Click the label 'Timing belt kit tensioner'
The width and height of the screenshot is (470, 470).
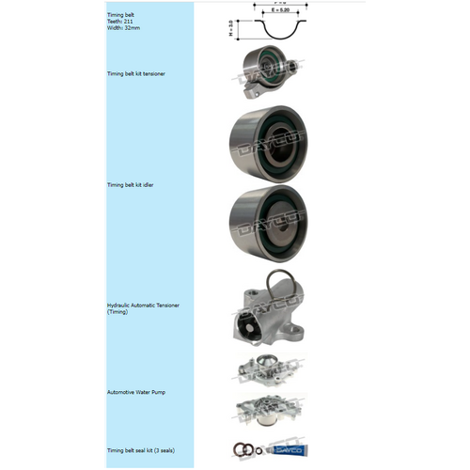click(x=137, y=73)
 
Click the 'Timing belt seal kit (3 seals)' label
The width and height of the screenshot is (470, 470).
click(x=143, y=450)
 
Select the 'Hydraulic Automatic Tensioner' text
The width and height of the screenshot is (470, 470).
click(x=143, y=305)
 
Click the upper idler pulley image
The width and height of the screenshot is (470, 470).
click(x=267, y=143)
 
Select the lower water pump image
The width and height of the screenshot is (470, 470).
click(x=266, y=413)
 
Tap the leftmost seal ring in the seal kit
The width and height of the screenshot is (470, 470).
click(x=243, y=450)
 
